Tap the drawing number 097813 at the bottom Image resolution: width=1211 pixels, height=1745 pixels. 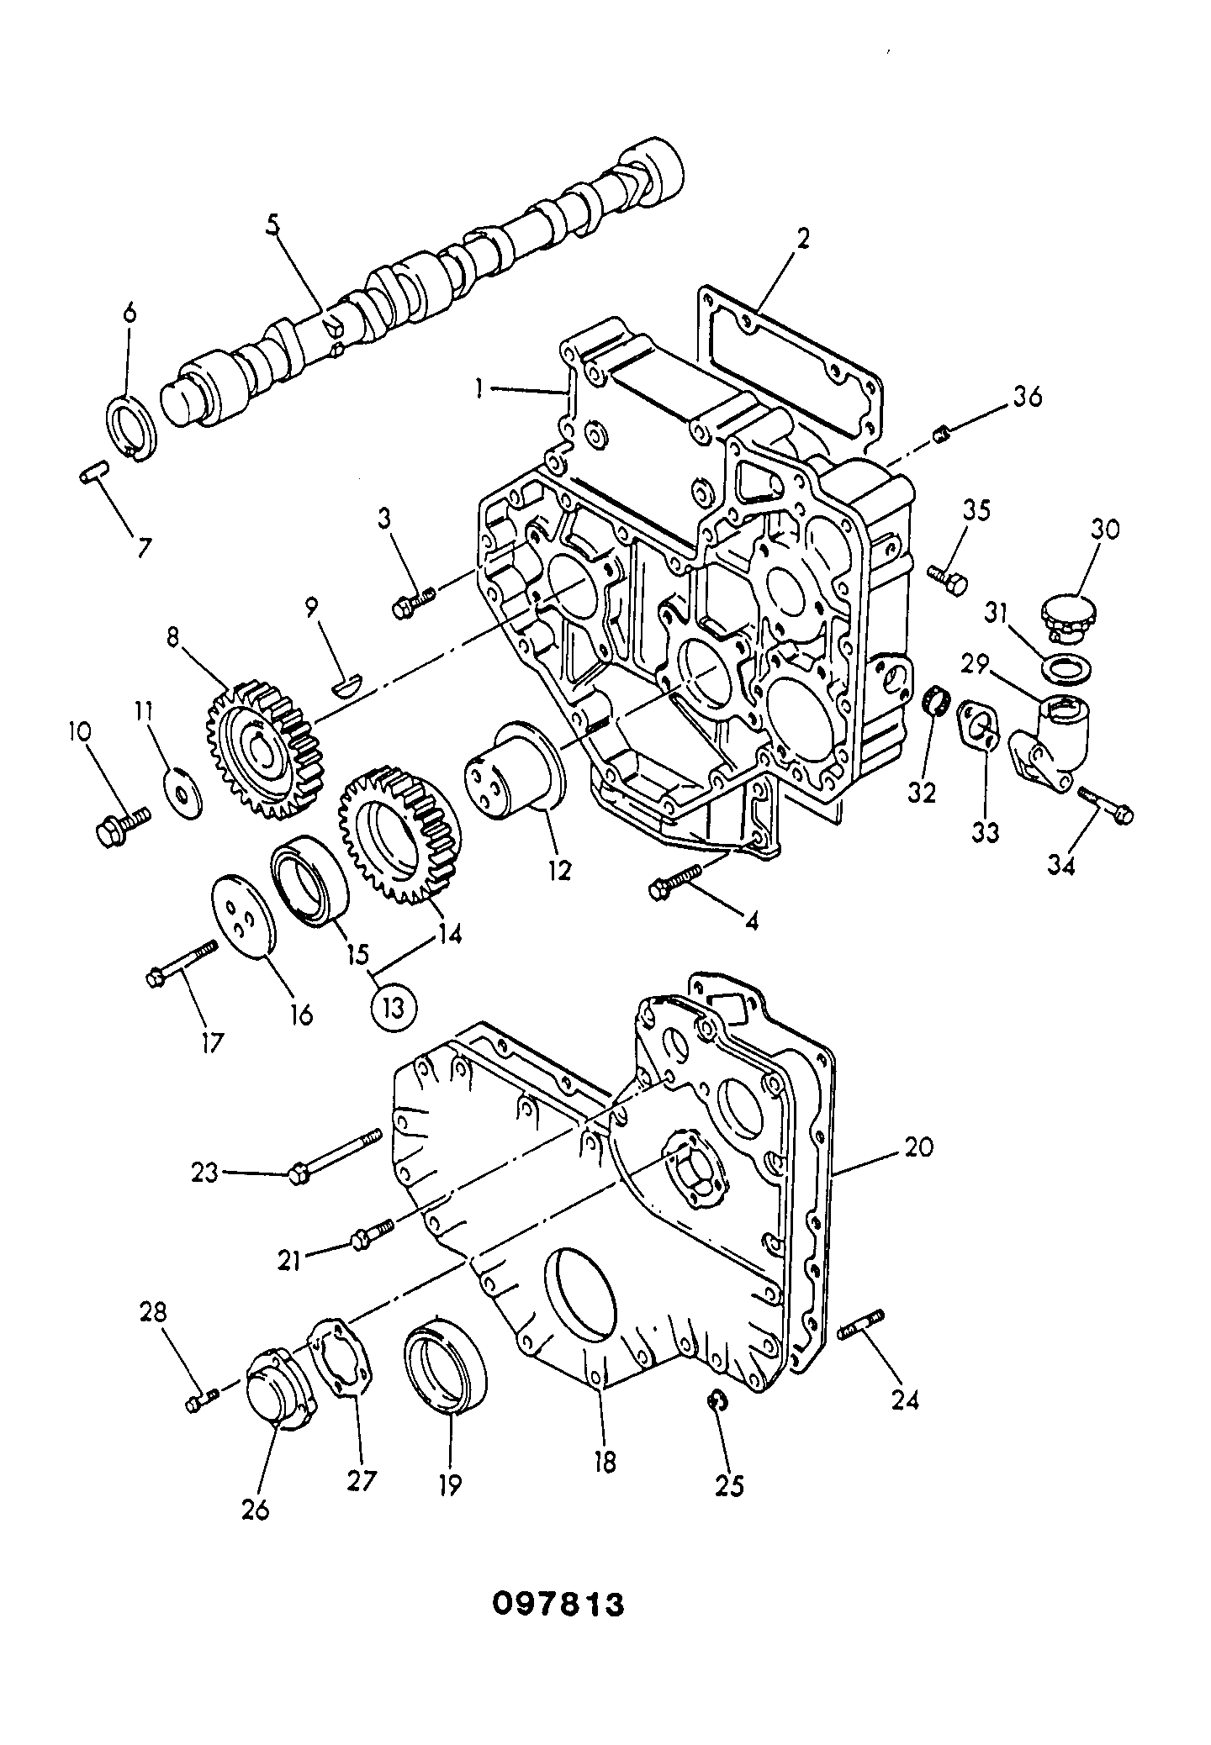pyautogui.click(x=558, y=1605)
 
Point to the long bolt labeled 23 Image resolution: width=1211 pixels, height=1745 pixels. pyautogui.click(x=335, y=1154)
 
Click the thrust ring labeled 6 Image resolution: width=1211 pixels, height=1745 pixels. pyautogui.click(x=130, y=428)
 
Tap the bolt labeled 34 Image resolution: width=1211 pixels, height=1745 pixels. pyautogui.click(x=1105, y=803)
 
